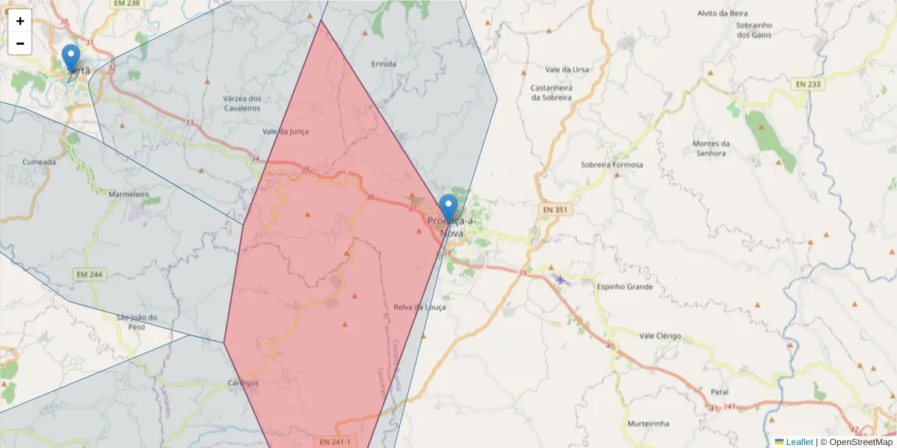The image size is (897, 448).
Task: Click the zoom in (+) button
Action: (x=20, y=21)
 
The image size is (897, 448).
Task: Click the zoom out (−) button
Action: (x=20, y=43)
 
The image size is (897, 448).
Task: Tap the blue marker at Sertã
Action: (x=71, y=58)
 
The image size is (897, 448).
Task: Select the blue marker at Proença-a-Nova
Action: (x=449, y=208)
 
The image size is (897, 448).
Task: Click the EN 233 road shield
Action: (x=808, y=84)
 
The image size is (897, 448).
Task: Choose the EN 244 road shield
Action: (x=89, y=275)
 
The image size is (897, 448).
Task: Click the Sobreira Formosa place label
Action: (x=611, y=165)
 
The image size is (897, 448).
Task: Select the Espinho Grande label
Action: (x=625, y=287)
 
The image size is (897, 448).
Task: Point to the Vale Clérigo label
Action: (x=660, y=336)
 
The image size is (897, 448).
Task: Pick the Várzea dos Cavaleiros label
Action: (x=241, y=103)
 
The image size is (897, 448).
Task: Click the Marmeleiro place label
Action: (x=129, y=194)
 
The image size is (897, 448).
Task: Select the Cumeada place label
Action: (x=39, y=161)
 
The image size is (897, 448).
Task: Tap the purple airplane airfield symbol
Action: (x=561, y=279)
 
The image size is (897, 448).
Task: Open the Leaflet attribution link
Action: (x=798, y=442)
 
